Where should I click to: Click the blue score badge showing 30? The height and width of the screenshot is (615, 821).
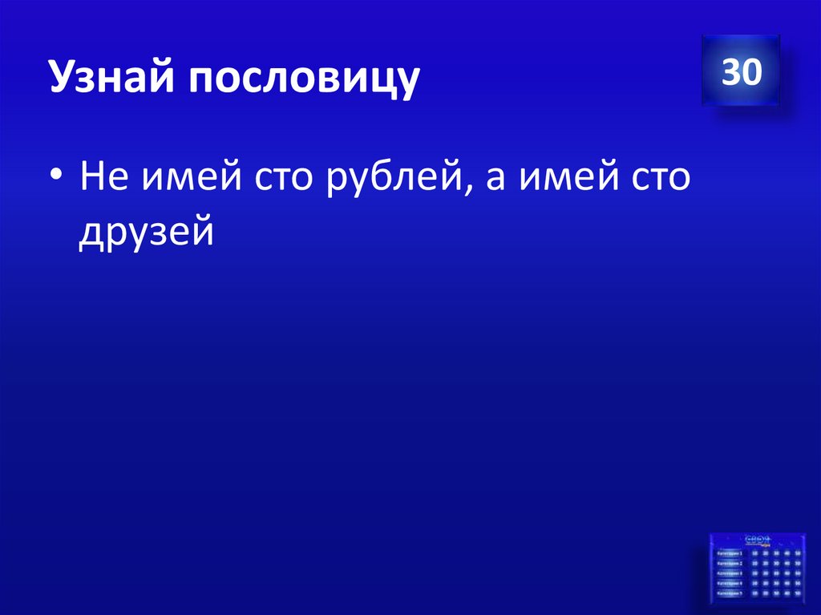[741, 72]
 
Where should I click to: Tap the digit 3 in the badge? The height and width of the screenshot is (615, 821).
[730, 73]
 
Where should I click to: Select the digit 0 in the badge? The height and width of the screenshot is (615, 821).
[751, 73]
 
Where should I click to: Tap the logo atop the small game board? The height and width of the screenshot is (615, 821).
[757, 540]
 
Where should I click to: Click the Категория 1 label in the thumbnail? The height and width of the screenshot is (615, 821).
[730, 553]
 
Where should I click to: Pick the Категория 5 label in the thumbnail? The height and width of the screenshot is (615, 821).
[730, 594]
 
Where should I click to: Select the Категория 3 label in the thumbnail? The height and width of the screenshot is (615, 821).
[730, 573]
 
